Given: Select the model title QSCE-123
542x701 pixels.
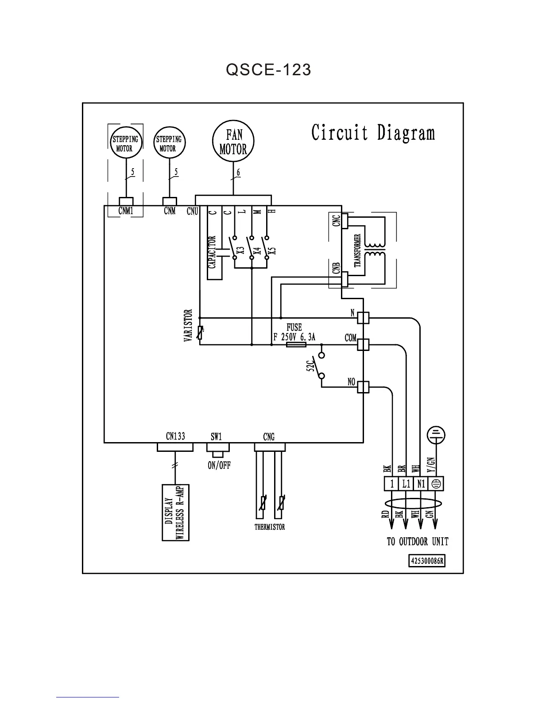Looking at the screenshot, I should (268, 69).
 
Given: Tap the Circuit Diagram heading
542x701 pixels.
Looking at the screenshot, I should (373, 132).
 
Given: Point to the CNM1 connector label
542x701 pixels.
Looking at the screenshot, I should (126, 211).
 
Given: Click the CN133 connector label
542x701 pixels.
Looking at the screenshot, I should (175, 436).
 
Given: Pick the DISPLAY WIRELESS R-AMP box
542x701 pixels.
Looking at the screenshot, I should (176, 512).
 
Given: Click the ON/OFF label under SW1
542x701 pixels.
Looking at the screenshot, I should (219, 466).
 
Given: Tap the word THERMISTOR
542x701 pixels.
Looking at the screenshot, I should (270, 527).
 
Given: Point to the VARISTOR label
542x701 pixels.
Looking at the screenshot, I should (188, 325).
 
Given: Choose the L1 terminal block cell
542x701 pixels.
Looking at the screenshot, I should (406, 484).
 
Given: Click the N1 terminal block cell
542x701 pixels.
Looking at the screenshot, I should (421, 484).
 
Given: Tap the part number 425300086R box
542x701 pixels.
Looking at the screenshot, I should (427, 561).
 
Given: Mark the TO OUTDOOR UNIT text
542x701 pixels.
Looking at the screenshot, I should (418, 542).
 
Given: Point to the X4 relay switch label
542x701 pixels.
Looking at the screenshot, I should (256, 251).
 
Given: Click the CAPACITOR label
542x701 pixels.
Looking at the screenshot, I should (212, 252).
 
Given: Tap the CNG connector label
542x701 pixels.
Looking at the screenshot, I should (269, 437).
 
